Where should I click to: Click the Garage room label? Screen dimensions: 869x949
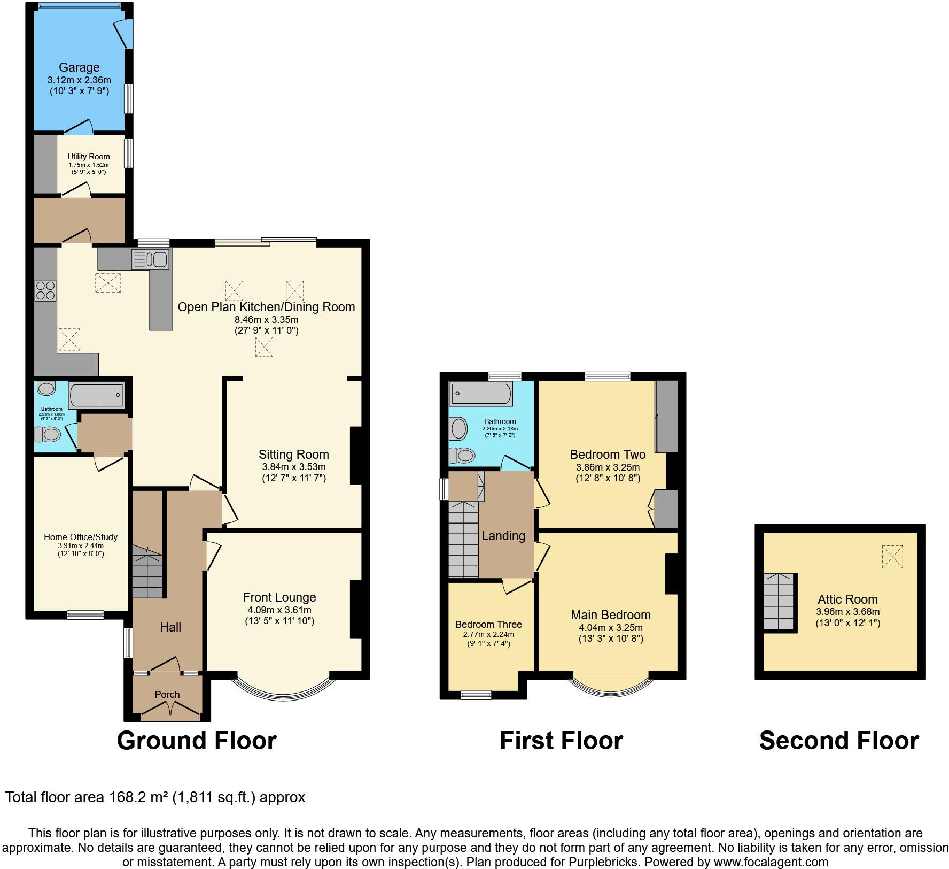pos(79,67)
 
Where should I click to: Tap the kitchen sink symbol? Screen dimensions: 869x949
pos(150,259)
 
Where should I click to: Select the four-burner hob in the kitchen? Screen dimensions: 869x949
pos(45,290)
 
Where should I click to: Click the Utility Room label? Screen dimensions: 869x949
pos(89,157)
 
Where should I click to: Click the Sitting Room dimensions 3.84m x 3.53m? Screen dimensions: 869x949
pos(293,466)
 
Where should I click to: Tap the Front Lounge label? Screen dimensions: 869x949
pos(279,597)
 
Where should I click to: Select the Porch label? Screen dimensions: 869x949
pos(167,694)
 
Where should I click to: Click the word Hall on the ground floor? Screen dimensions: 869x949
pos(170,627)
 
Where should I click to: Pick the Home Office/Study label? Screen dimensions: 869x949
pos(81,537)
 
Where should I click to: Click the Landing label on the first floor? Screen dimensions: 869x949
pos(503,535)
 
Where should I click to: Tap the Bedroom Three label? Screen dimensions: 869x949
pos(488,624)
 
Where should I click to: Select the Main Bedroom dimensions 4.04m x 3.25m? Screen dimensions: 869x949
pos(611,627)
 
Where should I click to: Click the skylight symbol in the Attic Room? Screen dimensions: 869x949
pos(892,557)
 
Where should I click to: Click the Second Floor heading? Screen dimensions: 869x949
pos(839,741)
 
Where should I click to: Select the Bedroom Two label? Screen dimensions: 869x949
pos(608,455)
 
